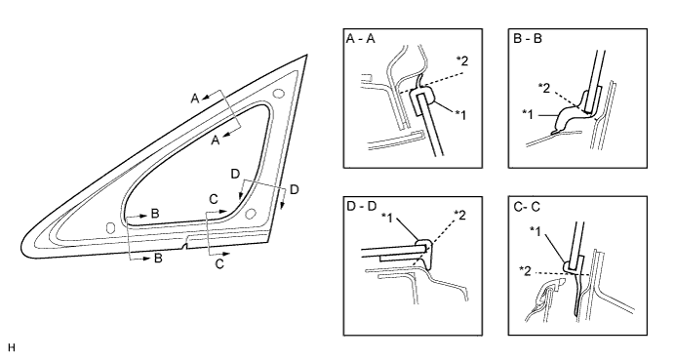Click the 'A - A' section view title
click(x=362, y=40)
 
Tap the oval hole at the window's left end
click(x=109, y=226)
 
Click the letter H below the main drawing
click(x=10, y=346)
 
